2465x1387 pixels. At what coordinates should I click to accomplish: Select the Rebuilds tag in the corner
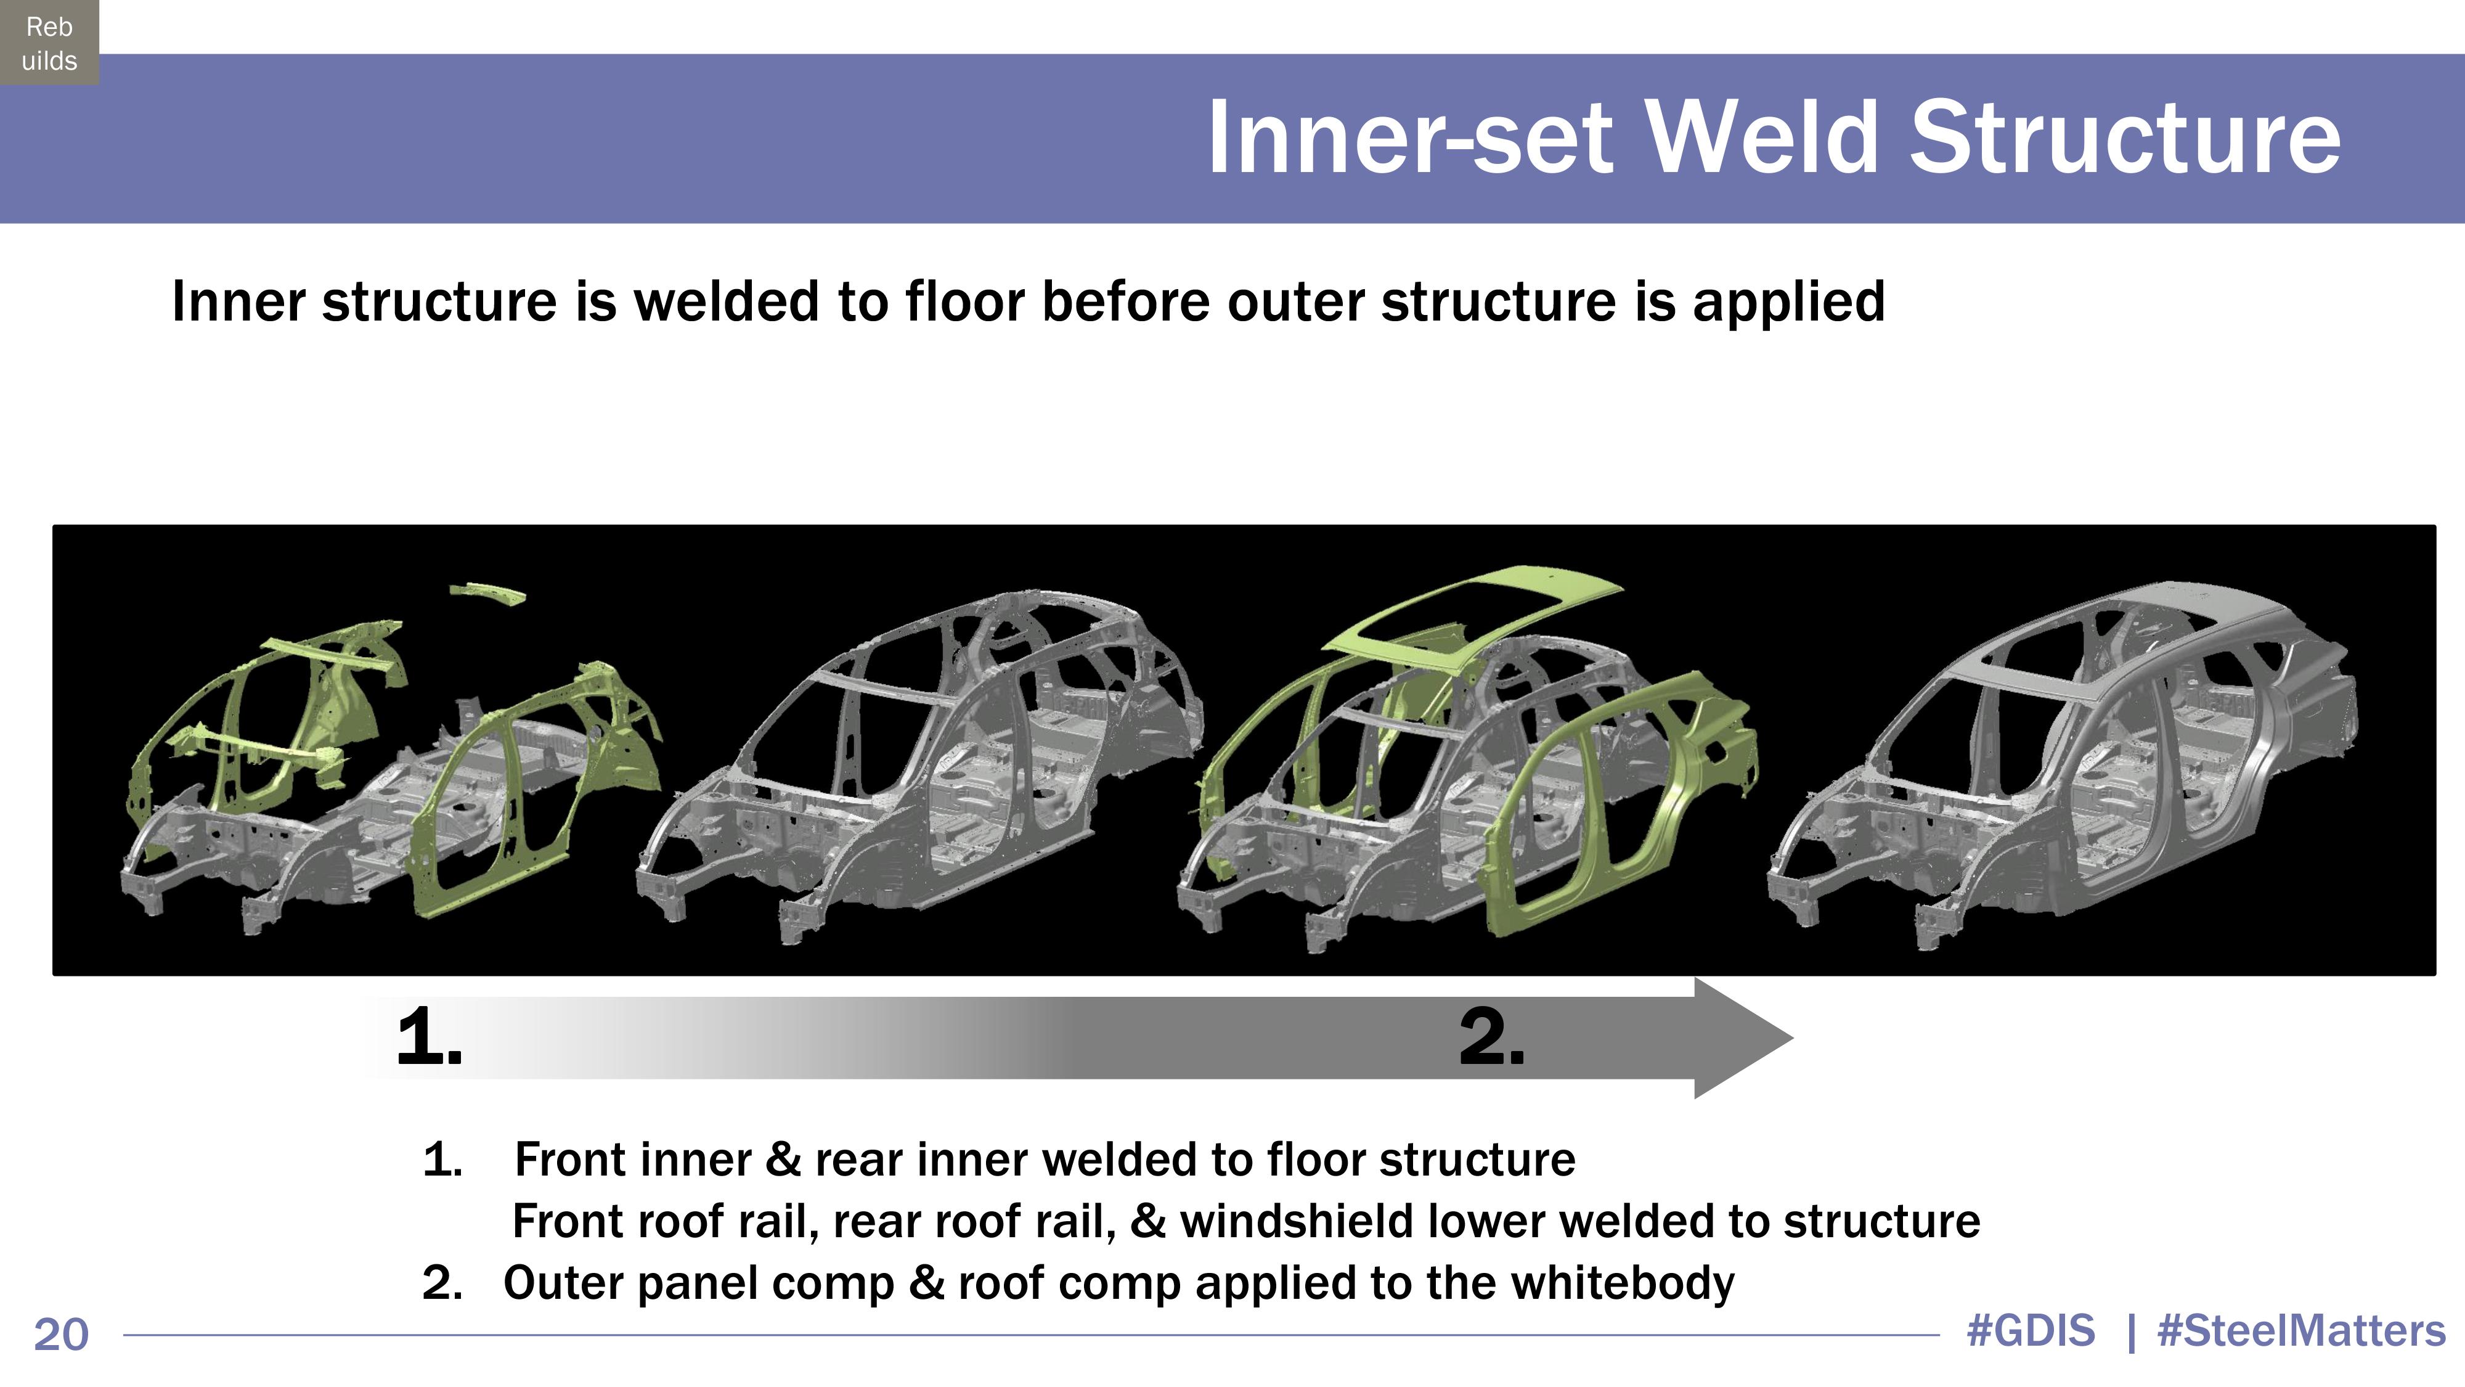coord(49,43)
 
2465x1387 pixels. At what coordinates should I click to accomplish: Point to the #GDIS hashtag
coord(2031,1330)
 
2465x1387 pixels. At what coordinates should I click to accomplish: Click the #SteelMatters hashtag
coord(2301,1330)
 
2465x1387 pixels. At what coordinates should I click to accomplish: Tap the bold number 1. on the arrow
coord(429,1037)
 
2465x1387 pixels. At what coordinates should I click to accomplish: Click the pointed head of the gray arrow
coord(1742,1037)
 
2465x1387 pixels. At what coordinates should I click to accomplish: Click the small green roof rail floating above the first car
coord(488,594)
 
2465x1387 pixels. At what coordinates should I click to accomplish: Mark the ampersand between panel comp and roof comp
coord(926,1283)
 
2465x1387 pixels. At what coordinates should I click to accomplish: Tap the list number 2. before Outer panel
coord(442,1283)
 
